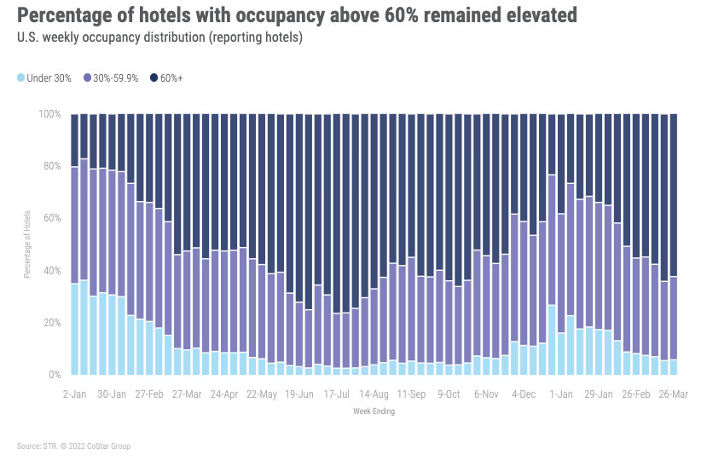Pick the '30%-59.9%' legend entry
point(114,78)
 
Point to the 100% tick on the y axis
point(49,114)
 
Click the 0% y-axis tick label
point(54,375)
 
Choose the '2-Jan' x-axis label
point(75,394)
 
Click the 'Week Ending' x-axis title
point(374,411)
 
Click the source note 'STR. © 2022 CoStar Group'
point(73,446)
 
